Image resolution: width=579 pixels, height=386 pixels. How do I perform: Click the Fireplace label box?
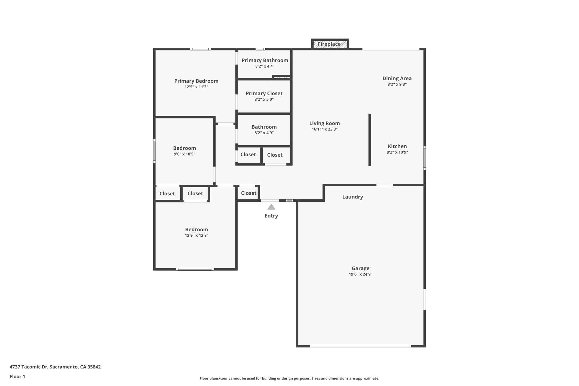330,44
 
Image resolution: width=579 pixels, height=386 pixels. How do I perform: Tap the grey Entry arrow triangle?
271,207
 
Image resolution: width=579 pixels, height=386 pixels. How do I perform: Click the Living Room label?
324,123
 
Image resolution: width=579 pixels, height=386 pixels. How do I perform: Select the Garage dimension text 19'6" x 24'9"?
360,274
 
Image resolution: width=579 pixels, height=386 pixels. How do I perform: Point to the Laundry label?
353,197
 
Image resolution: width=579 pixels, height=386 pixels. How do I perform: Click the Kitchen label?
397,146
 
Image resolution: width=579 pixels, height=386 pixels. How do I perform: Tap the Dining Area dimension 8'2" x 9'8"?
397,84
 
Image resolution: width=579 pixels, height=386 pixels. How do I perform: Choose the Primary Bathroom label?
265,60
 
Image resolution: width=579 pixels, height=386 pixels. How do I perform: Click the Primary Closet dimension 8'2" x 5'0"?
264,100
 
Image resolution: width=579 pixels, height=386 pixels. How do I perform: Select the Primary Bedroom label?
196,81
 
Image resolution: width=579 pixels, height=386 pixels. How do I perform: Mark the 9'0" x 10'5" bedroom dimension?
184,154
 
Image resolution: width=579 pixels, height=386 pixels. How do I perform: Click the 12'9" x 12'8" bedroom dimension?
196,236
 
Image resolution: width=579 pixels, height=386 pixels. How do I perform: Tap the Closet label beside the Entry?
249,193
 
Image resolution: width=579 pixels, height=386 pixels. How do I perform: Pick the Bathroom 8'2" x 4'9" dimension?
264,133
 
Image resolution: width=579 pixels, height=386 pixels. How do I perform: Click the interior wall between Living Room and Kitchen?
370,140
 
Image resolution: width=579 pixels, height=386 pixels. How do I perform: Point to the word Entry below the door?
271,216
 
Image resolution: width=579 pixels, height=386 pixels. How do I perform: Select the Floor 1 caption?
17,376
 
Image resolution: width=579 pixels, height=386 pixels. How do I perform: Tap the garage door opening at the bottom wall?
360,346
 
